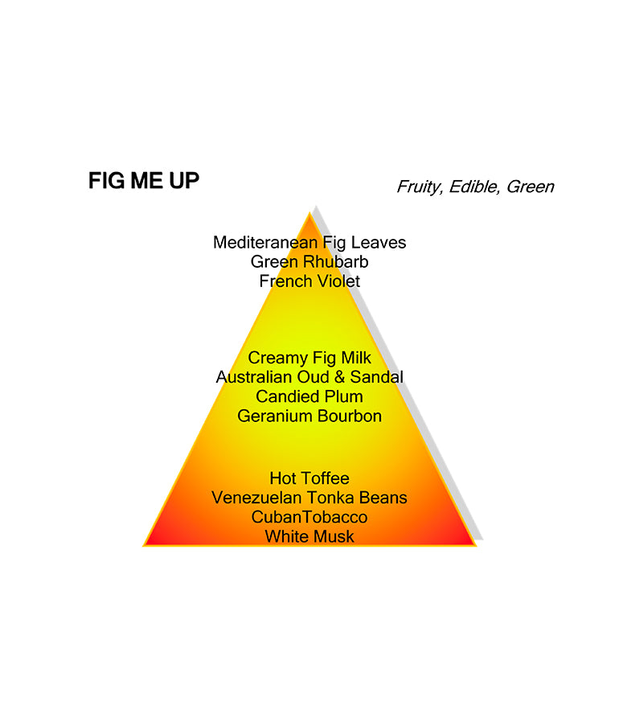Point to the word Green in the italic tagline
point(530,187)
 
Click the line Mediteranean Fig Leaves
point(309,242)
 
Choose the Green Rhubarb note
point(309,261)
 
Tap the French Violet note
point(309,281)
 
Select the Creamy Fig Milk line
point(309,358)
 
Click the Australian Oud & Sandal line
point(309,377)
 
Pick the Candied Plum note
point(309,396)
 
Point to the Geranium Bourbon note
point(309,416)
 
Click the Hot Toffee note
point(309,478)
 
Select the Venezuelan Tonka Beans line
point(309,498)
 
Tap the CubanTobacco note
point(309,517)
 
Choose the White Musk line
point(309,536)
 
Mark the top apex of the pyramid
point(309,213)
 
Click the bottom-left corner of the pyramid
point(145,546)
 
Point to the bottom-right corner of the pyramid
point(475,546)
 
